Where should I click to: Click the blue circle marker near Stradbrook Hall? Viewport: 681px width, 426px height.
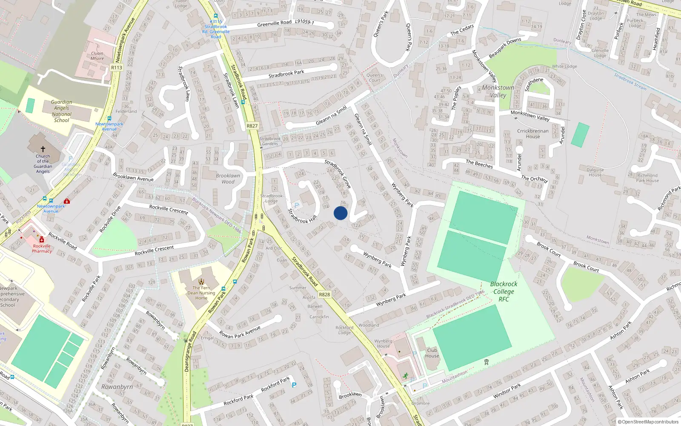pos(340,213)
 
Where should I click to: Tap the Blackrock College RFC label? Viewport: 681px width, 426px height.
pos(504,291)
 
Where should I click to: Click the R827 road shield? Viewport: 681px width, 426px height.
pos(252,126)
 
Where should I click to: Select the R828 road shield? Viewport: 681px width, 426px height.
pos(324,294)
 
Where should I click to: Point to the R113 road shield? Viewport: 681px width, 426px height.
pos(117,67)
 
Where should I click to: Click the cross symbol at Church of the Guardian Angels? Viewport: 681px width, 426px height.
pos(43,149)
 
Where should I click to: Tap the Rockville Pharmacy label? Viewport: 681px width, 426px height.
pos(42,248)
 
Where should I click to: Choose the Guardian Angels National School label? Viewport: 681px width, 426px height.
pos(62,111)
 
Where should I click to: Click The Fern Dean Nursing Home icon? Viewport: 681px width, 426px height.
pos(201,281)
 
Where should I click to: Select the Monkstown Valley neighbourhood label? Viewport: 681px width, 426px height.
pos(498,91)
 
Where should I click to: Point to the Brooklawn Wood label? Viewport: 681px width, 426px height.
pos(228,178)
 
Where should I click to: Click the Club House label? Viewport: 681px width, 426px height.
pos(432,353)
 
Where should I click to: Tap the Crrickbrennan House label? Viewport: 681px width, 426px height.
pos(532,134)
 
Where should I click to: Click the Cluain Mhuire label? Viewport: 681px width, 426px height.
pos(97,56)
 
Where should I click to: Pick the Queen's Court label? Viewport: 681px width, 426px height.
pos(375,78)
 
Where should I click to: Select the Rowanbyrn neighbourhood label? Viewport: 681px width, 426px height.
pos(117,387)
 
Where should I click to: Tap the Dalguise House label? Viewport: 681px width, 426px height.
pos(595,172)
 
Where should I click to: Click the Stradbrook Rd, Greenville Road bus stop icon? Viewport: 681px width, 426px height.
pos(216,16)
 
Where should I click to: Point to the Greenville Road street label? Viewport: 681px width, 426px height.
pos(275,23)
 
